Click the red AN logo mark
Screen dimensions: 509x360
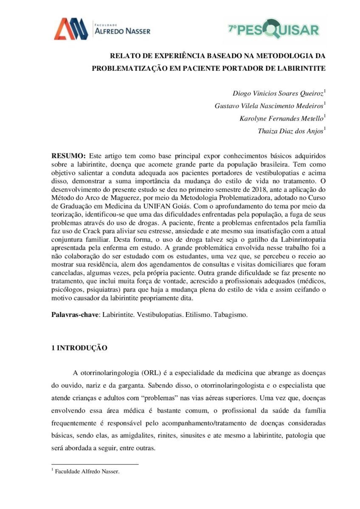pyautogui.click(x=70, y=29)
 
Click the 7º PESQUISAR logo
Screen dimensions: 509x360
pyautogui.click(x=273, y=29)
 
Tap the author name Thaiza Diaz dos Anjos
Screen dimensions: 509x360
pyautogui.click(x=290, y=131)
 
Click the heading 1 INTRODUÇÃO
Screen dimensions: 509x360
pyautogui.click(x=79, y=348)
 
